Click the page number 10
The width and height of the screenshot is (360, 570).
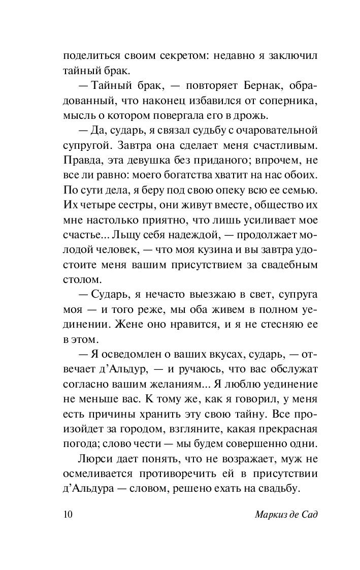(x=68, y=515)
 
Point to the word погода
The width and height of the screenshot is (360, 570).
(x=80, y=443)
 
